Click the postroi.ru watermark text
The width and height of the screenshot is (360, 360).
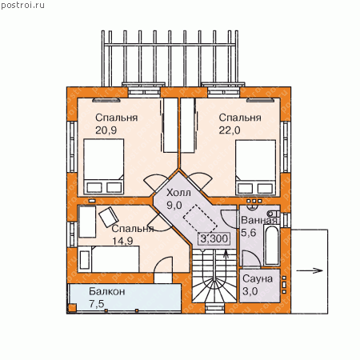tap(22, 6)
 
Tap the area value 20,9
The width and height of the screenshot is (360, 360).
tap(106, 130)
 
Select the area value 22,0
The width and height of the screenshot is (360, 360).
tap(230, 130)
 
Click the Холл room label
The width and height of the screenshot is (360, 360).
tap(178, 193)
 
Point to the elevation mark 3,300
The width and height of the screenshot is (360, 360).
tap(214, 238)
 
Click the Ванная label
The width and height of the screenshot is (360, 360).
tap(258, 220)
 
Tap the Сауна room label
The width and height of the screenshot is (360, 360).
tap(258, 279)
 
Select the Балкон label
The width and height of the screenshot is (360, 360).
tap(107, 291)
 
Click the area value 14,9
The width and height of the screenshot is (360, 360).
tap(122, 241)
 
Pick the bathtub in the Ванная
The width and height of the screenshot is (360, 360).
tap(272, 245)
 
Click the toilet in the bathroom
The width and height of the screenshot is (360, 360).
tap(273, 214)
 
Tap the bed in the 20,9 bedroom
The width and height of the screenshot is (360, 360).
tap(104, 166)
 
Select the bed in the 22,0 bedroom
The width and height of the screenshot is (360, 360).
tap(255, 167)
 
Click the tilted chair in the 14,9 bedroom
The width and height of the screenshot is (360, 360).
tap(109, 217)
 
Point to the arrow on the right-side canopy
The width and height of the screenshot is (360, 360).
tap(310, 270)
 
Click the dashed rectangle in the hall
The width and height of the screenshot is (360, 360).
tap(200, 219)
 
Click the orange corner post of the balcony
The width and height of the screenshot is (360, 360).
tap(71, 308)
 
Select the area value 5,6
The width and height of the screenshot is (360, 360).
tap(248, 233)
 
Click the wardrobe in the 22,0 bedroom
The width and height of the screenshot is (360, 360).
tap(188, 125)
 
